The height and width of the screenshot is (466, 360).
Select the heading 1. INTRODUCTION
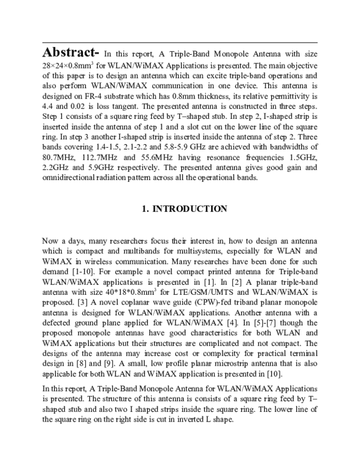(184, 209)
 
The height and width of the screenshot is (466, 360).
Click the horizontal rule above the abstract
(180, 43)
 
